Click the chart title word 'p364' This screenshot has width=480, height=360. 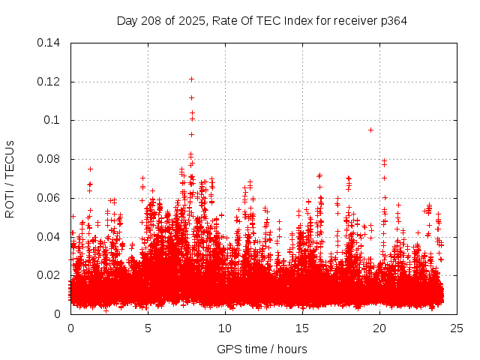pos(393,20)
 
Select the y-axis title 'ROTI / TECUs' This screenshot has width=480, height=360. pos(10,178)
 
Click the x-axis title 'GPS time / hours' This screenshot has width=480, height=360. pos(262,349)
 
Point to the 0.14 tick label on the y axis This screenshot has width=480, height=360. pos(49,43)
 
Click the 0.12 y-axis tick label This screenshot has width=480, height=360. pos(49,81)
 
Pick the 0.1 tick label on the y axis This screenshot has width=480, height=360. pos(52,120)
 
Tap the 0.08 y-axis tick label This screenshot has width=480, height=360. pos(49,159)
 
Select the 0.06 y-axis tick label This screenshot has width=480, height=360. pos(49,198)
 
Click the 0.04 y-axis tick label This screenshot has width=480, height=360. pos(49,237)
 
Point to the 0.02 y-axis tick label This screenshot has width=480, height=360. pos(49,275)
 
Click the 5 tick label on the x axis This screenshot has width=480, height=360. pos(148,328)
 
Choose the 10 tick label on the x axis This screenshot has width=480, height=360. pos(225,328)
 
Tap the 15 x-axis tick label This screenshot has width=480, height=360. pos(302,328)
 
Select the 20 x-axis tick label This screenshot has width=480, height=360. pos(379,328)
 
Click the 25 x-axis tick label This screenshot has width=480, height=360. pos(457,328)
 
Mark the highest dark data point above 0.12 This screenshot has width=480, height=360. pos(191,79)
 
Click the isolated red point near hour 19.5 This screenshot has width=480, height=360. pos(370,130)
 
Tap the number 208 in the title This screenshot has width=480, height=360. pos(151,20)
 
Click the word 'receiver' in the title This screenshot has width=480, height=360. pos(352,20)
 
